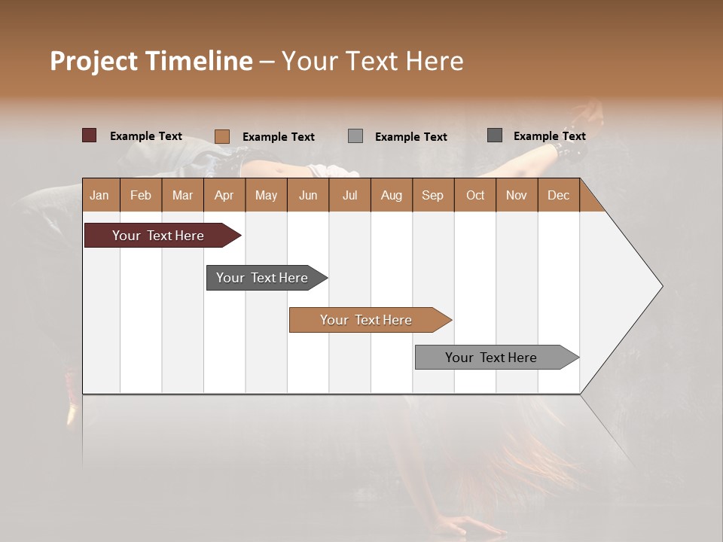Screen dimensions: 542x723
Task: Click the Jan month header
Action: (x=99, y=195)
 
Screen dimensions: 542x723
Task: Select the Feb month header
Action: (x=141, y=195)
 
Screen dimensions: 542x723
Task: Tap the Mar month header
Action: (x=182, y=195)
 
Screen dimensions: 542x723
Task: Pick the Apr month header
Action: (x=224, y=195)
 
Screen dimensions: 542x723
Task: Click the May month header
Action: (x=266, y=195)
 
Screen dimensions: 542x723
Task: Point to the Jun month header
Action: (x=308, y=195)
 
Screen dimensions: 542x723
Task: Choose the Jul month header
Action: (x=349, y=195)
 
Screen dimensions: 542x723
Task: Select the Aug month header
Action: (x=392, y=195)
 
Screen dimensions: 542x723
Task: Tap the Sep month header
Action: (x=432, y=195)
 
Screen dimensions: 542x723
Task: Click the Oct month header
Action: (x=475, y=195)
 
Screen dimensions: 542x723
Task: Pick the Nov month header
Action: (x=517, y=195)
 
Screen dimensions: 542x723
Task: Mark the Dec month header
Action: (x=558, y=195)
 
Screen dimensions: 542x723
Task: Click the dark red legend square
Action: (x=90, y=135)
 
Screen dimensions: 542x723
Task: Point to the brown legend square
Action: (x=222, y=136)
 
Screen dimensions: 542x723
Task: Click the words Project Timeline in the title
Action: (x=151, y=61)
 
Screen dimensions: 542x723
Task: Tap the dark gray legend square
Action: (x=495, y=135)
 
